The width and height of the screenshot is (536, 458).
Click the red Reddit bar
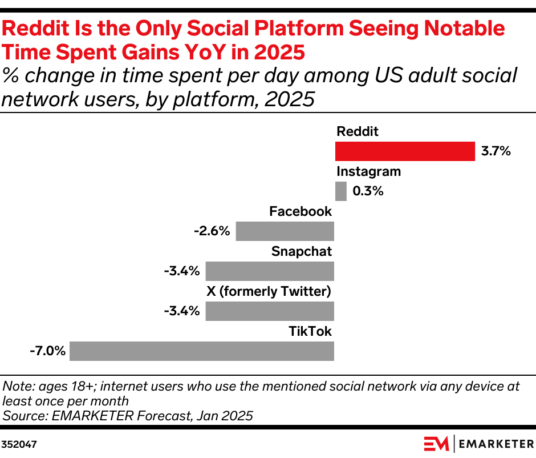point(404,151)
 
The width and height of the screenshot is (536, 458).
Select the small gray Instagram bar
point(340,191)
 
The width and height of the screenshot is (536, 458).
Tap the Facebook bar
point(285,231)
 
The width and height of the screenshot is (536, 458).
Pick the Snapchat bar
point(270,271)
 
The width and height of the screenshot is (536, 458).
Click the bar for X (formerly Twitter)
point(270,311)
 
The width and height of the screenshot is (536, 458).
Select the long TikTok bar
point(202,351)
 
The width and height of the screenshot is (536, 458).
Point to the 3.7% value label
point(496,151)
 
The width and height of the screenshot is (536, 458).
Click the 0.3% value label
point(368,191)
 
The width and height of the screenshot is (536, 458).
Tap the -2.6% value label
point(212,231)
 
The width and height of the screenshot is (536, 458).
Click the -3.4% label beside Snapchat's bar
point(182,271)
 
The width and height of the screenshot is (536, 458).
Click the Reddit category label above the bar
point(358,131)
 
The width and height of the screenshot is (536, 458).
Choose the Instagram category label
point(368,171)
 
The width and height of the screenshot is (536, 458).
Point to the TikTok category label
point(310,331)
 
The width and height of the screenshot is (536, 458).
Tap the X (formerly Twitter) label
point(269,291)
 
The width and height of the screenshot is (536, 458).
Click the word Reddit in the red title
point(38,28)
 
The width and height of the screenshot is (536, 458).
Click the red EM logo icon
point(437,443)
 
